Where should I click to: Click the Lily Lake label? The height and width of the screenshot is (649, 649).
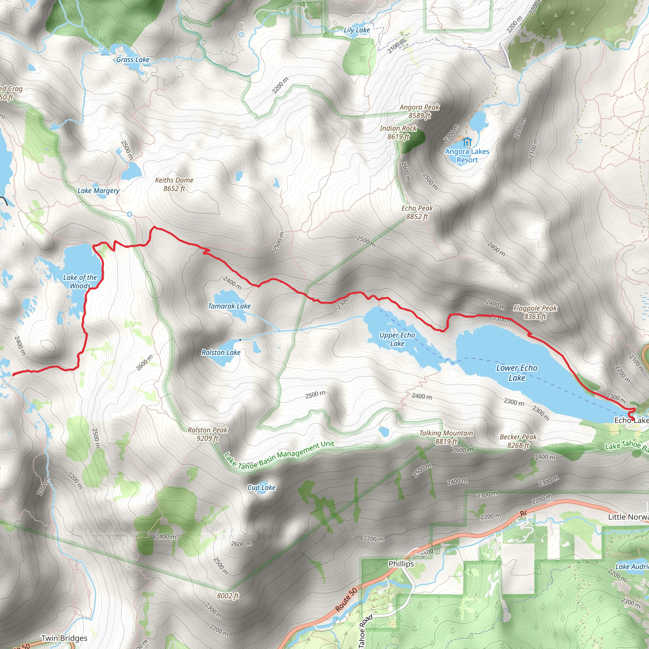[x=357, y=30]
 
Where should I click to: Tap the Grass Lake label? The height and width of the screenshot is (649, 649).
[x=133, y=60]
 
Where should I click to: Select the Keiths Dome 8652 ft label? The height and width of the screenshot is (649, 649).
[x=174, y=184]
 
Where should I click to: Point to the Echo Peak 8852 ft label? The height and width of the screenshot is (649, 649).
[x=417, y=212]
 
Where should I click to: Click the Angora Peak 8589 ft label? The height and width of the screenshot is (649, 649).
[x=419, y=111]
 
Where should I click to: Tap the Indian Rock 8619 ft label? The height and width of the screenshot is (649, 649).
[x=398, y=132]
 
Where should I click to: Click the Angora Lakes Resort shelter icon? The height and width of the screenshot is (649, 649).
[x=466, y=141]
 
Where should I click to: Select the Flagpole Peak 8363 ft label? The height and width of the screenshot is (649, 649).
[x=535, y=312]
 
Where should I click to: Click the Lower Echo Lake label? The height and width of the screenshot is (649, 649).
[x=517, y=373]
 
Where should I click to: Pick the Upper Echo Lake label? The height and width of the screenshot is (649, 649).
[x=397, y=339]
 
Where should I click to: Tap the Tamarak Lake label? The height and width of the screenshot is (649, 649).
[x=229, y=306]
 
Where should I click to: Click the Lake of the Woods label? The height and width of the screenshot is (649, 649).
[x=80, y=281]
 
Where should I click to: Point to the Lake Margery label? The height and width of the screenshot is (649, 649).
[x=99, y=191]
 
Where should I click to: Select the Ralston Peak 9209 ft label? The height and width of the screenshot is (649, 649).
[x=207, y=434]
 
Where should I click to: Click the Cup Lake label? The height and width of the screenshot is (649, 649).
[x=261, y=487]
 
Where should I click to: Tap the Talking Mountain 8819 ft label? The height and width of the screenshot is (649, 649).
[x=446, y=437]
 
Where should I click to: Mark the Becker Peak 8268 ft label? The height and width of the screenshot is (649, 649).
[x=518, y=441]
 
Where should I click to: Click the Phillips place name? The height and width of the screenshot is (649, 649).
[x=401, y=564]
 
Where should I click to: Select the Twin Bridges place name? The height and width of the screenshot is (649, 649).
[x=64, y=638]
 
